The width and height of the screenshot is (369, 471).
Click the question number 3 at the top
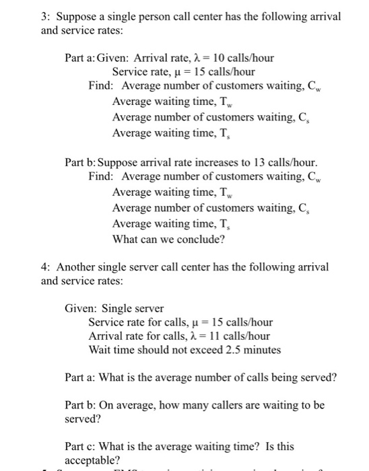tap(44, 15)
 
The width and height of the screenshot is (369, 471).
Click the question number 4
tap(44, 267)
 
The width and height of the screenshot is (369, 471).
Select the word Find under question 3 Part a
tap(102, 86)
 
